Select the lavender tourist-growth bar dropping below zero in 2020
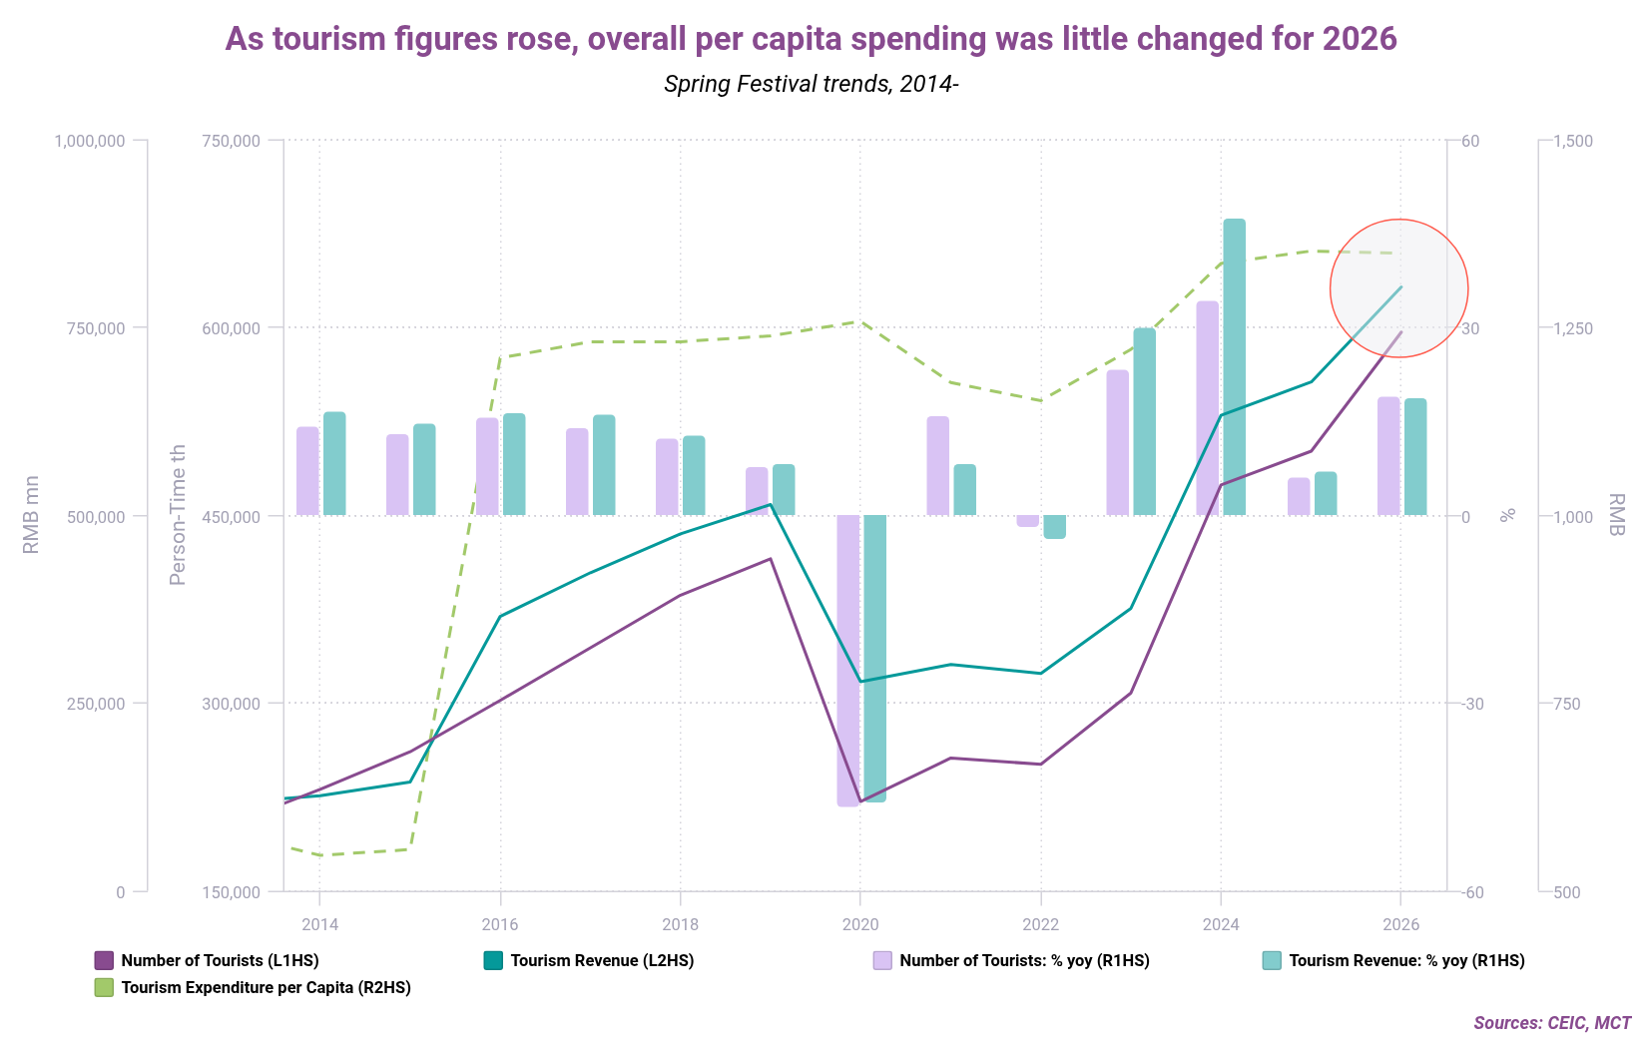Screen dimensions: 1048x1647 click(x=847, y=659)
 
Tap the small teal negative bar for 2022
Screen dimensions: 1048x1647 click(x=1054, y=526)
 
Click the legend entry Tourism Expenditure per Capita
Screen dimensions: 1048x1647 click(x=266, y=987)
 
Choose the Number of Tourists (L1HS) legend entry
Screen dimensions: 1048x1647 click(x=220, y=960)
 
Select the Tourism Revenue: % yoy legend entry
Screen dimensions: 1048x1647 click(x=1406, y=960)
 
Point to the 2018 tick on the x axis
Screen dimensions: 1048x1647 click(x=680, y=924)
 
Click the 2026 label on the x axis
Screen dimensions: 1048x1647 click(x=1400, y=924)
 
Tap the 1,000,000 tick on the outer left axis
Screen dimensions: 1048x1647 click(x=90, y=141)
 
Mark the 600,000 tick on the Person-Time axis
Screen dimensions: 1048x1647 click(x=231, y=328)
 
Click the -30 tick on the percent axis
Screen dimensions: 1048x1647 click(x=1472, y=704)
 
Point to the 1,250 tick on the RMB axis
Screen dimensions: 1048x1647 click(x=1573, y=328)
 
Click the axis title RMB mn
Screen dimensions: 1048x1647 click(x=31, y=515)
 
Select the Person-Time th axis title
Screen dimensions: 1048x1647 click(x=178, y=515)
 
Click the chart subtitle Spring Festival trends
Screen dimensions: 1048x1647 click(x=811, y=84)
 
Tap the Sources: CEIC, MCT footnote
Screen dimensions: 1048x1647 click(x=1551, y=1023)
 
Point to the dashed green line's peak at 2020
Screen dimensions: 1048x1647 click(x=858, y=321)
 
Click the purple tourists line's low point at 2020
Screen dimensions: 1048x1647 click(x=859, y=800)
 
